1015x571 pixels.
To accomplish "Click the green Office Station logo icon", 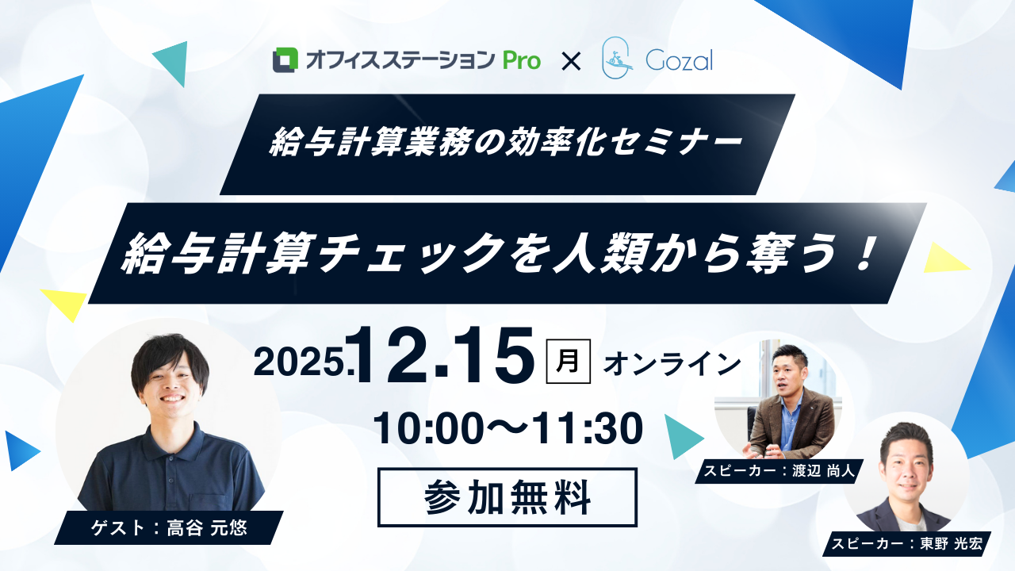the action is tap(285, 59).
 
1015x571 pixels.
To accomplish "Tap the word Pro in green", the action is tap(522, 61).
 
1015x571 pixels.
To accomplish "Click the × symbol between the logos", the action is tap(571, 62).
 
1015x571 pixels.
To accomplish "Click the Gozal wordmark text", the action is tap(680, 60).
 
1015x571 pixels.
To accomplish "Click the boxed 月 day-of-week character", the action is tap(569, 361).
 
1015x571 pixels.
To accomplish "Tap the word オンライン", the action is tap(672, 364).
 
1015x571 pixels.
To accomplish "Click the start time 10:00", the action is tap(425, 429).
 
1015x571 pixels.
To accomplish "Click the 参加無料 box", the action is tap(507, 497).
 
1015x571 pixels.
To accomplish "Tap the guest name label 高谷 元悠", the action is tap(207, 528).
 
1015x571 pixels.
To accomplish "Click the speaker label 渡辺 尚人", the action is tap(823, 471).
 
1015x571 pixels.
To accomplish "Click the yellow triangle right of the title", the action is tap(943, 259).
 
